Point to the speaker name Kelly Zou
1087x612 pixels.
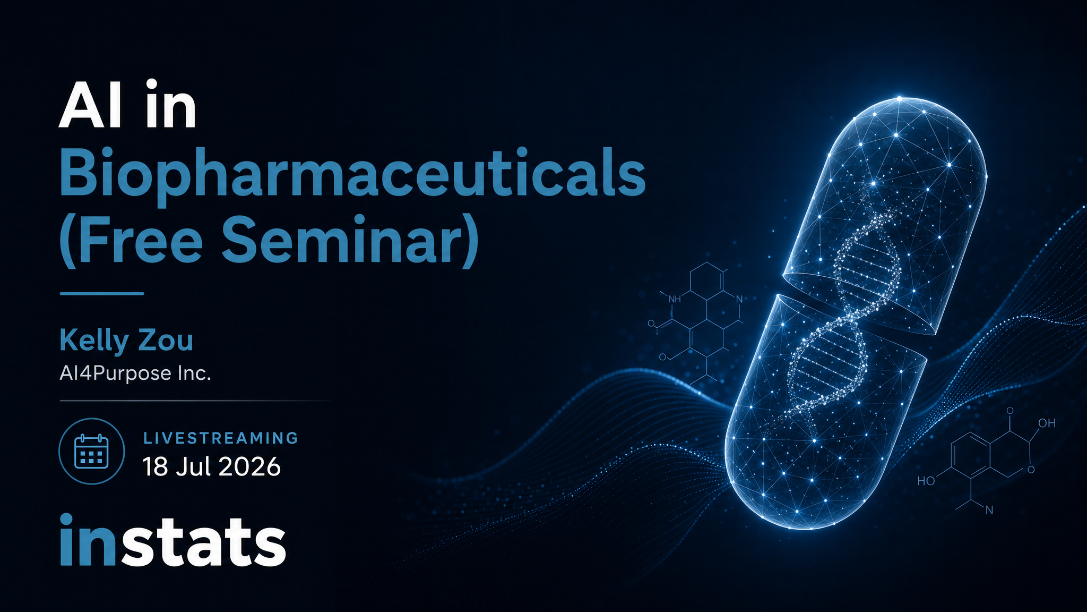(126, 341)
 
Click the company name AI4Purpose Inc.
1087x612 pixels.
(135, 373)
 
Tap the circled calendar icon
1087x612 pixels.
(91, 452)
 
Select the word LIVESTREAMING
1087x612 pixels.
(221, 438)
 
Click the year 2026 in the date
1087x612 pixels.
(249, 466)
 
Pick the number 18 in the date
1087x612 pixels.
(155, 466)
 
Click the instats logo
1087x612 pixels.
(173, 541)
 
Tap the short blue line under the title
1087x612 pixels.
(102, 293)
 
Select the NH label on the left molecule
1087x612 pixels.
(674, 299)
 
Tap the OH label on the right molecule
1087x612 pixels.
(1047, 423)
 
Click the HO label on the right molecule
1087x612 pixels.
(926, 481)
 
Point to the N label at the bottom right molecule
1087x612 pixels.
(989, 511)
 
